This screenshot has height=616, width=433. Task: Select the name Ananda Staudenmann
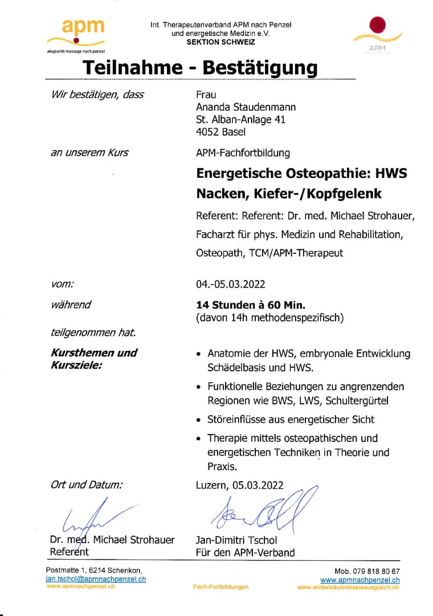coord(246,107)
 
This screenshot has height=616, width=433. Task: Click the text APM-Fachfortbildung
coord(243,153)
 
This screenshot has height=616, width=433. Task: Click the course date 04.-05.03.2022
coord(230,284)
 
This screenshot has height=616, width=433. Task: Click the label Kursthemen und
coord(94,352)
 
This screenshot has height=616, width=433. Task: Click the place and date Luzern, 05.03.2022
coord(239,485)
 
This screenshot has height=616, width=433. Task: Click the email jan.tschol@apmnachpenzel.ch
coord(96,579)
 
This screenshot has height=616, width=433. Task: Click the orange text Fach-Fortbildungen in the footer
coord(220,587)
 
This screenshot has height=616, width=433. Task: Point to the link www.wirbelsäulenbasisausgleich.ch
coord(348,587)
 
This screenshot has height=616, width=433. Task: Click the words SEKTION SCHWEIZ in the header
coord(220,42)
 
